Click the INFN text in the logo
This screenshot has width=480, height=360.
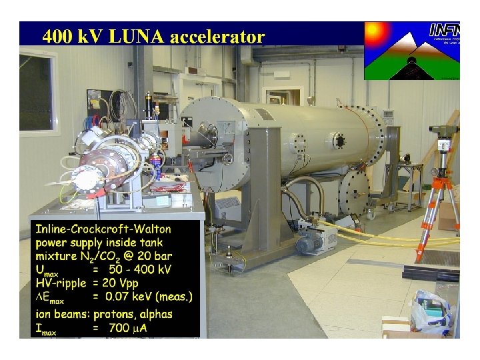[x=444, y=30]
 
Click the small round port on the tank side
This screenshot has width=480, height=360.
[x=339, y=141]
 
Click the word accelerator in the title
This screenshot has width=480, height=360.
[x=217, y=37]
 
